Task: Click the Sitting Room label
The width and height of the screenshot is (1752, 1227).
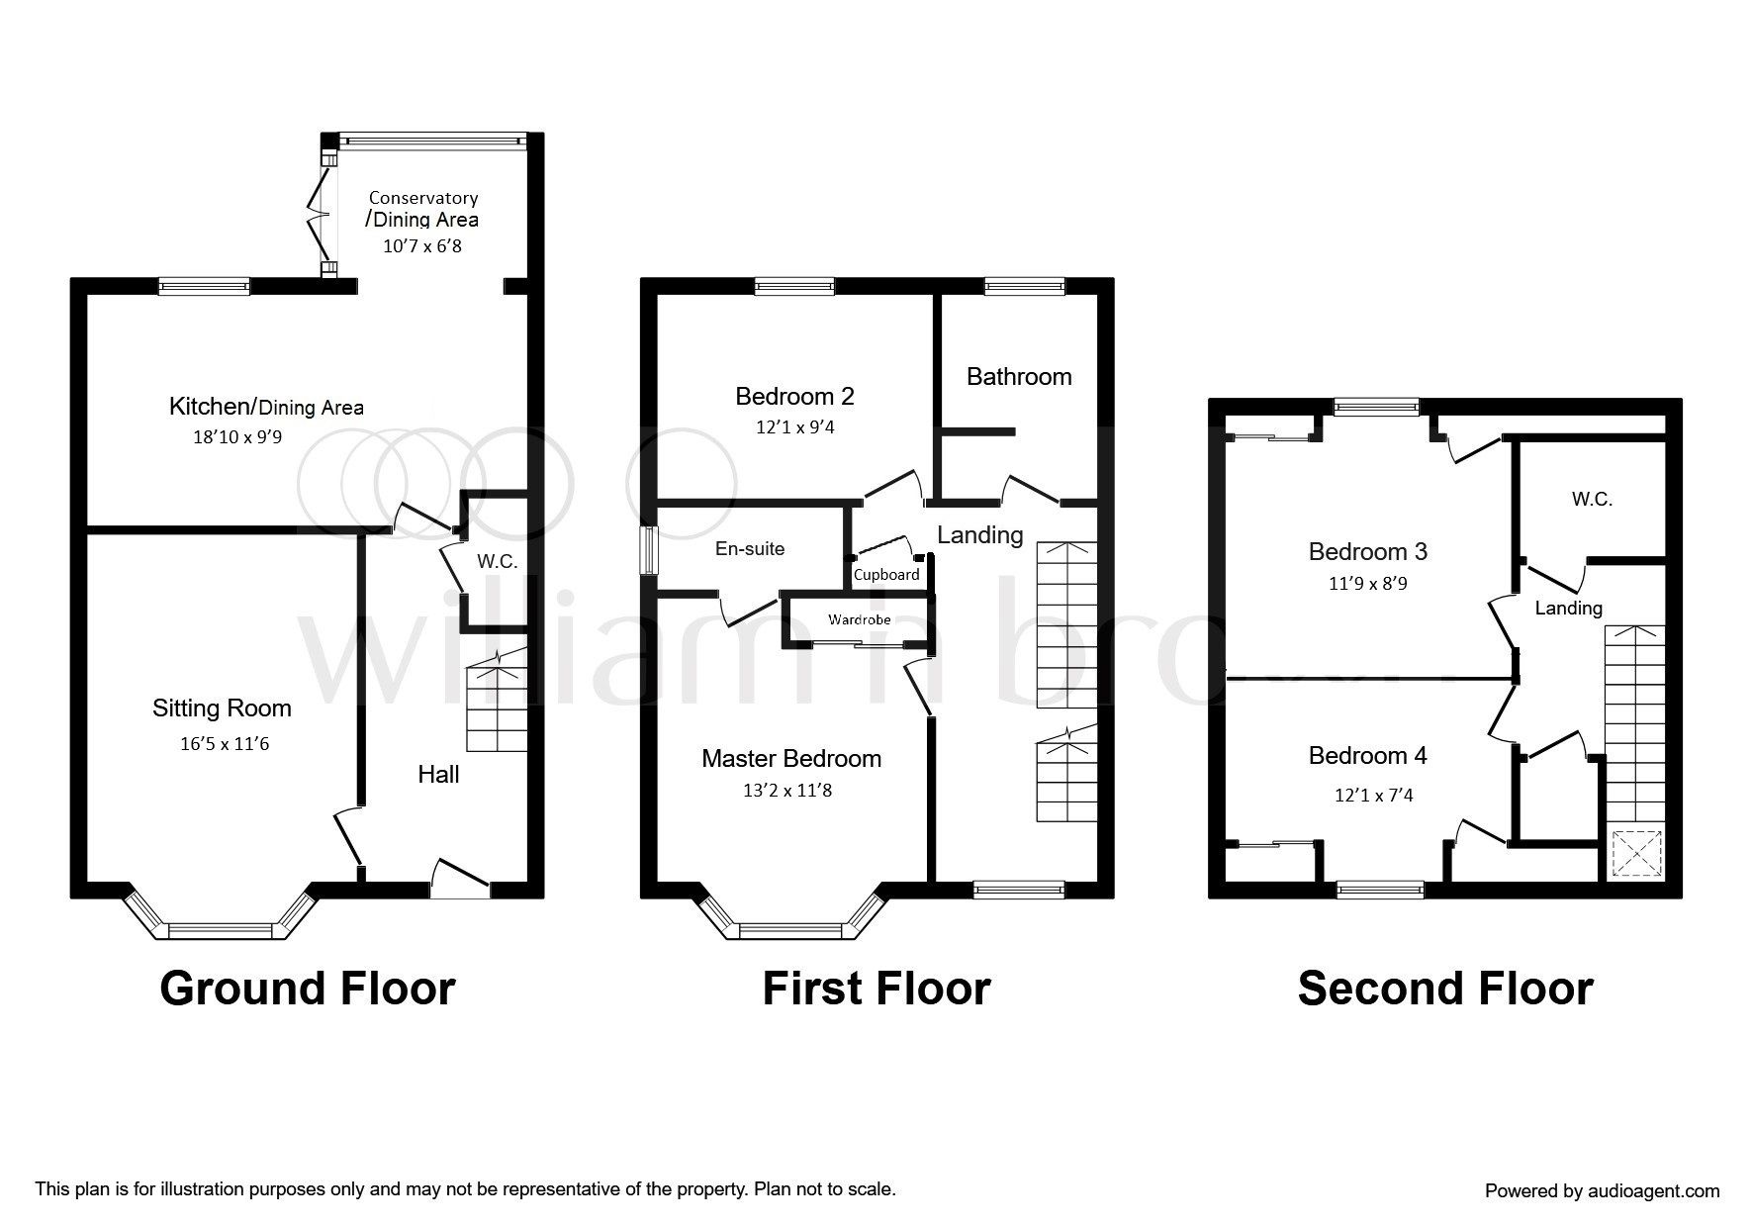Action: (222, 708)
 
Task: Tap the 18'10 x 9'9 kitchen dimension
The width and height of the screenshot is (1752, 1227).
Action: (237, 436)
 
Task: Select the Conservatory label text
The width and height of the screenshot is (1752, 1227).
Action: (423, 198)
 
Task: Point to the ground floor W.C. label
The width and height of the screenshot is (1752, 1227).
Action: (498, 562)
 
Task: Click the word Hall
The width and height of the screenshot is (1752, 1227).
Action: (438, 774)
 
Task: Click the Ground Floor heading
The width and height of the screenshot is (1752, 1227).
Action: (308, 989)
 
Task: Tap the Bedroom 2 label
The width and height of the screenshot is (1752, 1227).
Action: (794, 397)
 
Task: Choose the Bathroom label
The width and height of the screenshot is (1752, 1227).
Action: (1019, 377)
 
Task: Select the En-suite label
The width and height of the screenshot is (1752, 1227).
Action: (750, 549)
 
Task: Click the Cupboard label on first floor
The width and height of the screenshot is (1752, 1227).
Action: (886, 575)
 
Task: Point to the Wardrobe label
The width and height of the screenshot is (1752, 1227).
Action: (860, 620)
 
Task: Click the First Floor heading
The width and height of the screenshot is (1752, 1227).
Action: (876, 989)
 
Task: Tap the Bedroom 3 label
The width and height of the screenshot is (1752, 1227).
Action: (1368, 551)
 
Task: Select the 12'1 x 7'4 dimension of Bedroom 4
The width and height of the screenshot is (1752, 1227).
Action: (1373, 795)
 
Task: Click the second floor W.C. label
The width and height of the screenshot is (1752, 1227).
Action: (1592, 500)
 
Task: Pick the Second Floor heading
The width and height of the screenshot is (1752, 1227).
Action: (1445, 989)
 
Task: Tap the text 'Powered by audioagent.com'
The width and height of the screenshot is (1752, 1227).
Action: (1603, 1191)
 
